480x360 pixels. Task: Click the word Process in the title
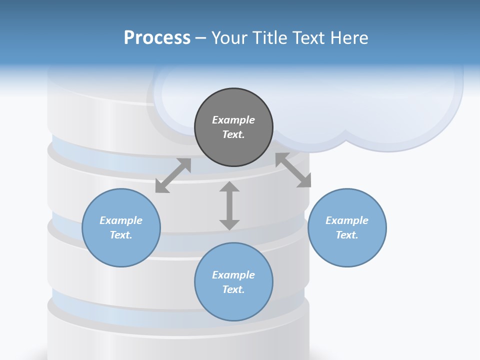[x=157, y=38]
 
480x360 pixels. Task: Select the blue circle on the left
[x=121, y=250]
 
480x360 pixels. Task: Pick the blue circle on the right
[x=347, y=250]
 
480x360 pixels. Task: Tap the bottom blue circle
[x=233, y=305]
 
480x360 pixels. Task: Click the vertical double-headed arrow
[x=229, y=205]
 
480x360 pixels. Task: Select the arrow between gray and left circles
[x=173, y=175]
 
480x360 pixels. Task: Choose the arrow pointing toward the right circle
[x=293, y=170]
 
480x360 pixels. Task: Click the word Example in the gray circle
[x=233, y=120]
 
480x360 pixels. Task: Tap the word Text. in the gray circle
[x=233, y=134]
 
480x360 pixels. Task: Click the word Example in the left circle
[x=121, y=220]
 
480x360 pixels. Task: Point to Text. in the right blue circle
[x=347, y=235]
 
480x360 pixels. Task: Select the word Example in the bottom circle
[x=233, y=275]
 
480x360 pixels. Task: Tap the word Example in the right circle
[x=347, y=220]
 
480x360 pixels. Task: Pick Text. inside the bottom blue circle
[x=233, y=289]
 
